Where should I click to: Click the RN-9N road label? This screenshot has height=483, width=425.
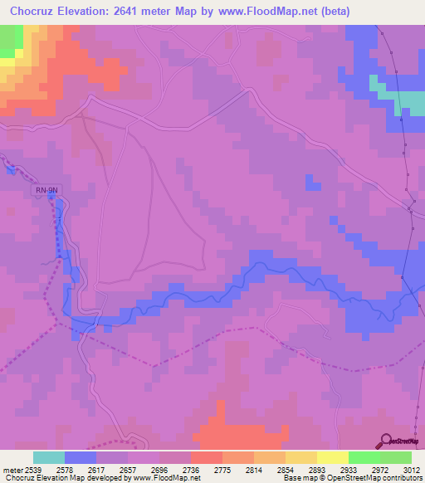click(x=47, y=190)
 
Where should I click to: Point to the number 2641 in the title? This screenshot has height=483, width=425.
click(x=141, y=12)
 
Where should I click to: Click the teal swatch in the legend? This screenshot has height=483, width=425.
click(x=49, y=457)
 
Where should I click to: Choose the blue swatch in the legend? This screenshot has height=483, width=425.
click(x=81, y=457)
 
